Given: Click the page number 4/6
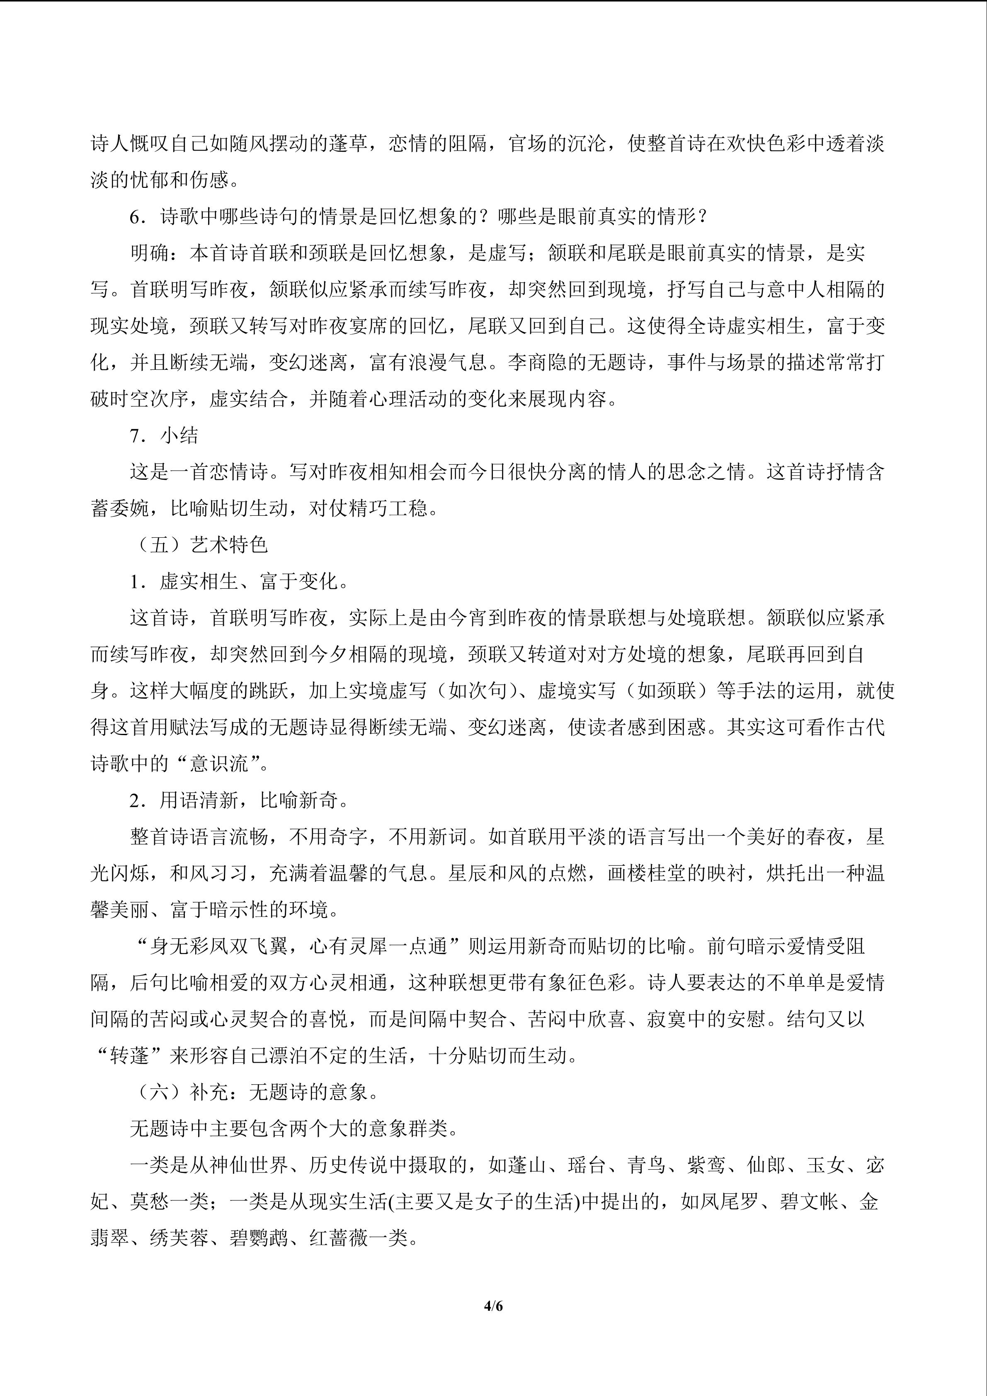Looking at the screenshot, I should (x=493, y=1306).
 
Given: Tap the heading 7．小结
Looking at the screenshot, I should (x=164, y=435).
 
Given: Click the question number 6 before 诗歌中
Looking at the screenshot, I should (x=136, y=216).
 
